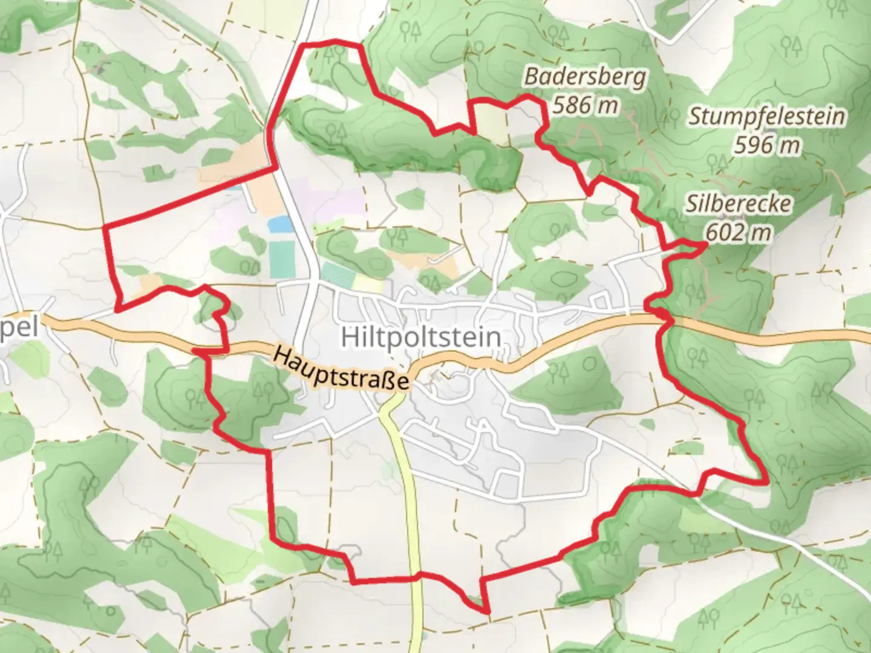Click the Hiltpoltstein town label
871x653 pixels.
tap(421, 337)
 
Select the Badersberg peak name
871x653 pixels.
tap(585, 77)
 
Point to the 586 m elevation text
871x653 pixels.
tap(585, 105)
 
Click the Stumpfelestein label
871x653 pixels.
tap(766, 116)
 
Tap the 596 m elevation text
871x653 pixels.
tap(766, 145)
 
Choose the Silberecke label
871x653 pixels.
tap(738, 204)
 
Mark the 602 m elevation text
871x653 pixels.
tap(738, 232)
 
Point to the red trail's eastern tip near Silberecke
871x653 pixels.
tap(705, 244)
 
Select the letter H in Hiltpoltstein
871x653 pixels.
tap(350, 337)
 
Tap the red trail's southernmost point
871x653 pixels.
tap(488, 612)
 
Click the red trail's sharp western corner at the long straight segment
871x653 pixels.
tap(106, 227)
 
